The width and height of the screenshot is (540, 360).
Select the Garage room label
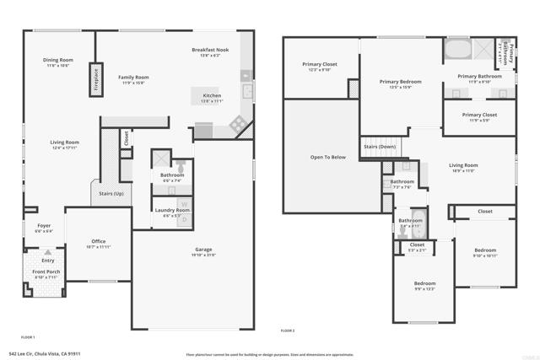202,250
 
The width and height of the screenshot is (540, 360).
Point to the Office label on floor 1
98,242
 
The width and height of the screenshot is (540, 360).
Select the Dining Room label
58,60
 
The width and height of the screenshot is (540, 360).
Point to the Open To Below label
328,157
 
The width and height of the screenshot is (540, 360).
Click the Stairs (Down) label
380,146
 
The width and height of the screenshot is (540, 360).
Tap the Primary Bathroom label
479,77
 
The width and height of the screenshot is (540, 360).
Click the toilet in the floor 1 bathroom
178,166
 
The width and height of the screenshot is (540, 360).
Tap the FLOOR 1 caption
27,336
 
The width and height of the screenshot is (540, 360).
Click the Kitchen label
212,96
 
